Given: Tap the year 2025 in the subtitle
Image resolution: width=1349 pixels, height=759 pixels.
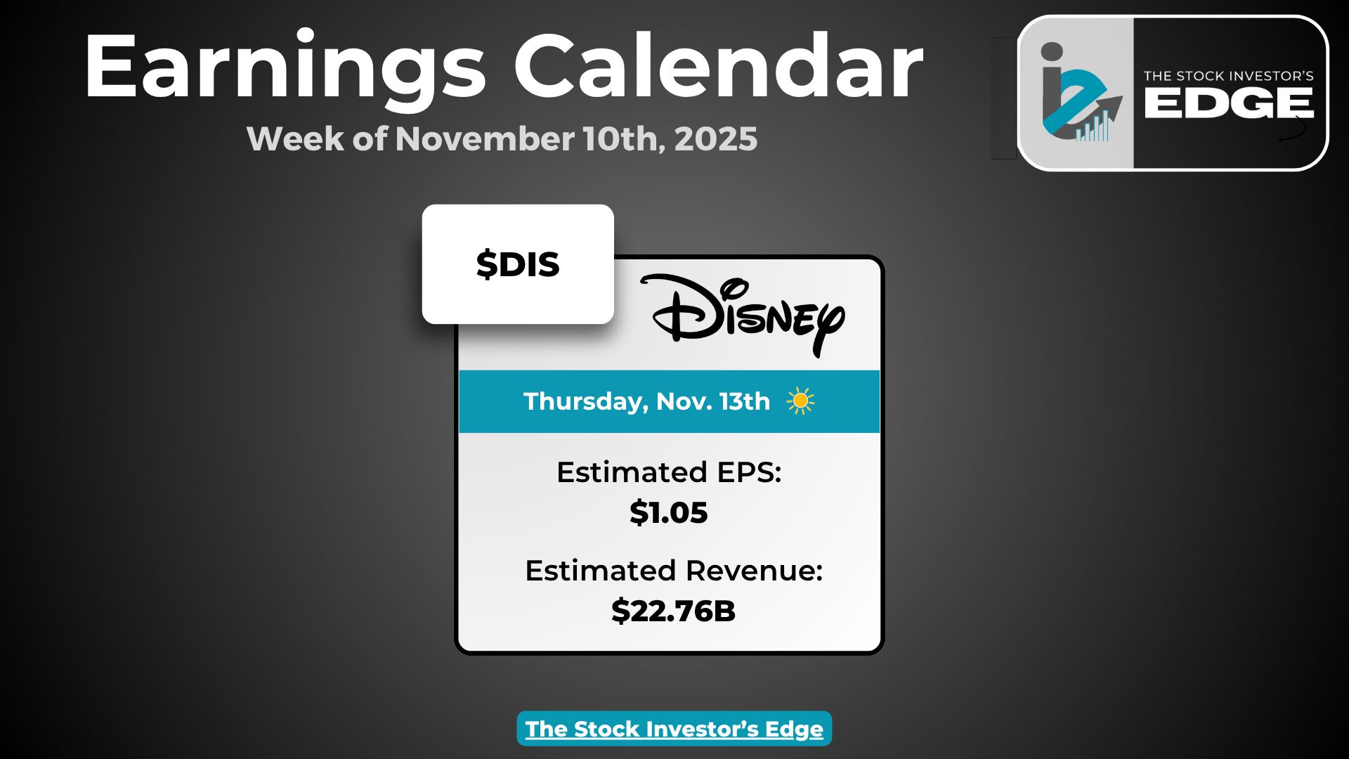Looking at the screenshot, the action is coord(716,138).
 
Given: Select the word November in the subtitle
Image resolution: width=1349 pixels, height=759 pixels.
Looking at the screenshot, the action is coord(485,138).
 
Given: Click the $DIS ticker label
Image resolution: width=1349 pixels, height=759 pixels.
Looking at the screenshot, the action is coord(518,264).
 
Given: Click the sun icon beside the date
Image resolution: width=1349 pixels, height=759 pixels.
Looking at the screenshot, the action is coord(800,401).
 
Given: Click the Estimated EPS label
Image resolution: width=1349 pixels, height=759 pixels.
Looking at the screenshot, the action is coord(669,472).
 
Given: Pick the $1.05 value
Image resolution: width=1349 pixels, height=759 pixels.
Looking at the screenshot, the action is coord(669,512).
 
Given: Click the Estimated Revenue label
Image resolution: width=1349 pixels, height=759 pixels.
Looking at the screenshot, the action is coord(674,571).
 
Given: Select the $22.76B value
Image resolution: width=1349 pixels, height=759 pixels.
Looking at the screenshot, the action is coord(673,611).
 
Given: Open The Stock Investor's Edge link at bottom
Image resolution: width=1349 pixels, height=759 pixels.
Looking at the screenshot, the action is coord(674,729).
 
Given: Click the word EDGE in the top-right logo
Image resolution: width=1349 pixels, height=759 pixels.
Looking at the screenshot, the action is coord(1229,104).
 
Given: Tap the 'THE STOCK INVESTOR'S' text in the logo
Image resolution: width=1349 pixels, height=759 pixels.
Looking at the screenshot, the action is coord(1229,76).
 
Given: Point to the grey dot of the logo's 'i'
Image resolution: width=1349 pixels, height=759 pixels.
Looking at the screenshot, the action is coord(1052,52).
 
